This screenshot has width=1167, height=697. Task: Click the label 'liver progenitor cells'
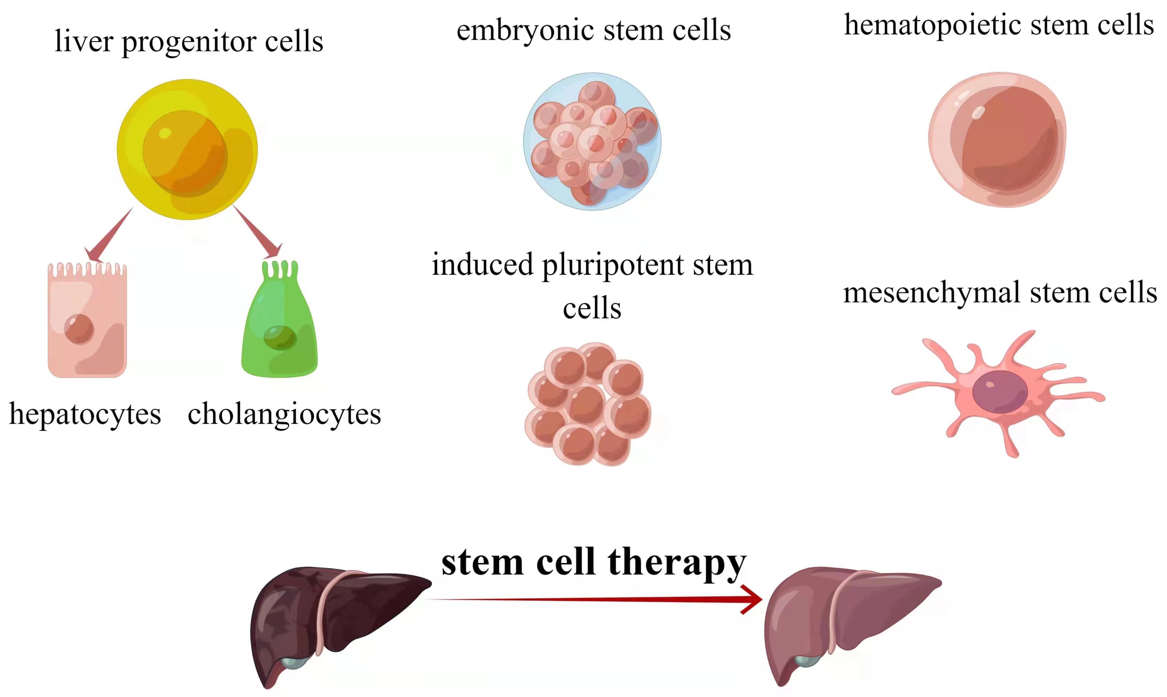tap(189, 42)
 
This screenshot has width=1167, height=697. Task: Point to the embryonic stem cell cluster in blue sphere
tap(592, 141)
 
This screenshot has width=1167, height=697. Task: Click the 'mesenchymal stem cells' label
tap(1000, 293)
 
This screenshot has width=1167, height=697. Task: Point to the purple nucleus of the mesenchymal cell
tap(999, 392)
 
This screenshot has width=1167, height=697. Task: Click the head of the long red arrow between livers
tap(752, 599)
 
